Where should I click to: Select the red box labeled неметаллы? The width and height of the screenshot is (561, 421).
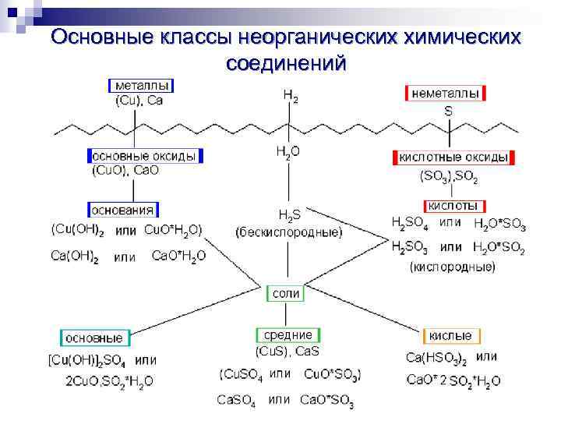click(x=446, y=93)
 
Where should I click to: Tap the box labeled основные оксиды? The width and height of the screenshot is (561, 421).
click(x=145, y=155)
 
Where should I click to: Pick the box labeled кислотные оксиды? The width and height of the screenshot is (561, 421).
click(x=453, y=157)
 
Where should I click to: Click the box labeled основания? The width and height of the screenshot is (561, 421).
click(x=124, y=210)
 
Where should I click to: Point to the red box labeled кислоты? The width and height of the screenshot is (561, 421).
click(x=452, y=206)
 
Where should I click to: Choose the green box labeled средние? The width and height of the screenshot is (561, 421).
click(x=288, y=334)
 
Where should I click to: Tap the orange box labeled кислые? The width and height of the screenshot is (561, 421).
click(x=450, y=336)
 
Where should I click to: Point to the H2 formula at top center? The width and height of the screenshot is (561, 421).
click(x=290, y=97)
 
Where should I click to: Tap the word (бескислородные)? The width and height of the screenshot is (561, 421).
click(x=289, y=232)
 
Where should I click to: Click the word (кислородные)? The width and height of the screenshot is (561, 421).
click(x=452, y=267)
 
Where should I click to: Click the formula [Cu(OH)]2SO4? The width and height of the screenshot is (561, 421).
click(x=87, y=361)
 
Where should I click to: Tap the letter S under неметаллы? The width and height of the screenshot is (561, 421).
click(x=448, y=111)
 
